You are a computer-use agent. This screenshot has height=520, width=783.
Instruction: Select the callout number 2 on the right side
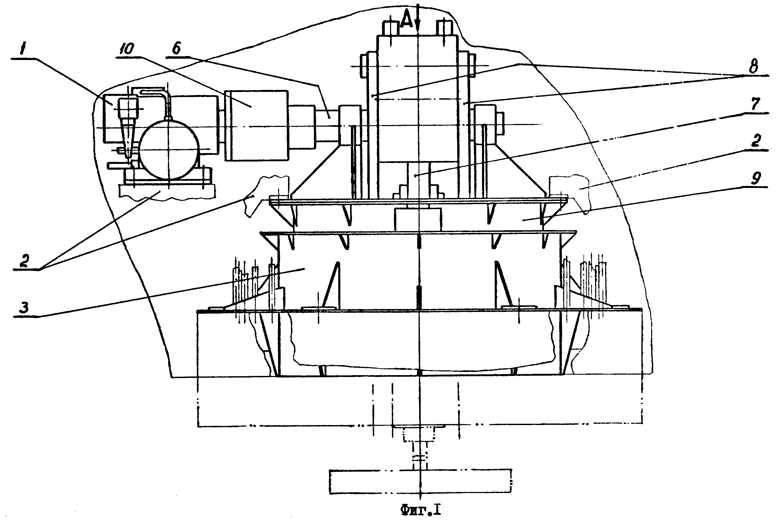click(755, 142)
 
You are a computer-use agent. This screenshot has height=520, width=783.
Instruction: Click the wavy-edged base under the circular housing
click(167, 191)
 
